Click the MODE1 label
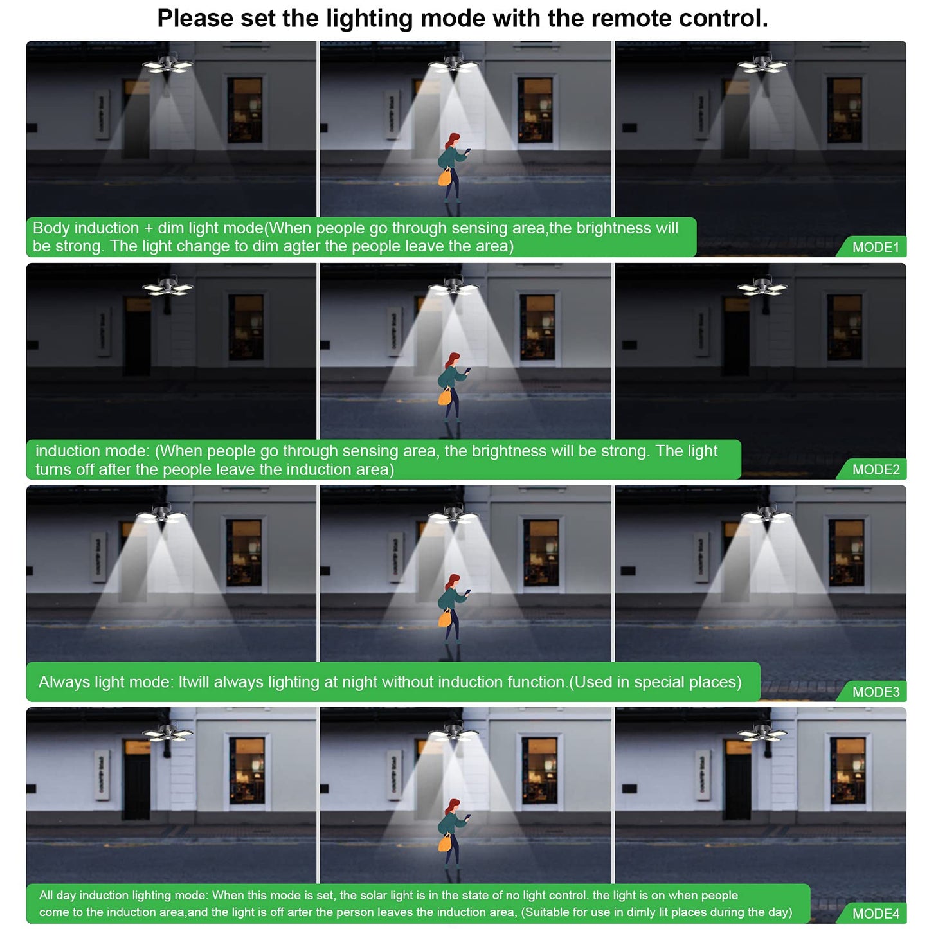point(876,247)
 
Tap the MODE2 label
point(876,469)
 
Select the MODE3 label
point(876,691)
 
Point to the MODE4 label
point(876,913)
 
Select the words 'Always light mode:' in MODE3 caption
point(105,681)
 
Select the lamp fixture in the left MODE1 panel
point(167,64)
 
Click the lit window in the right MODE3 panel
point(846,552)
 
